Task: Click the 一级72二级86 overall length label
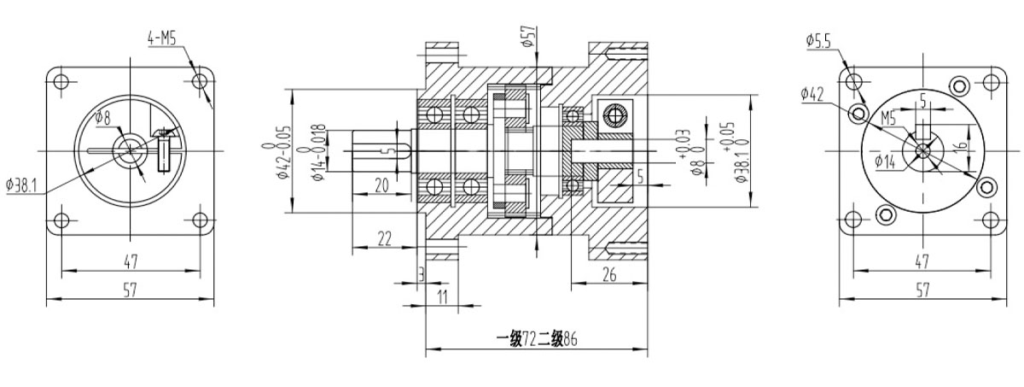(536, 338)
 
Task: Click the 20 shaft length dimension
(381, 184)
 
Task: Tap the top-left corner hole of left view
(60, 82)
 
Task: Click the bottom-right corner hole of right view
(992, 220)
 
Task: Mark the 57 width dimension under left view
(129, 290)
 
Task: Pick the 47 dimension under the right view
(922, 261)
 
